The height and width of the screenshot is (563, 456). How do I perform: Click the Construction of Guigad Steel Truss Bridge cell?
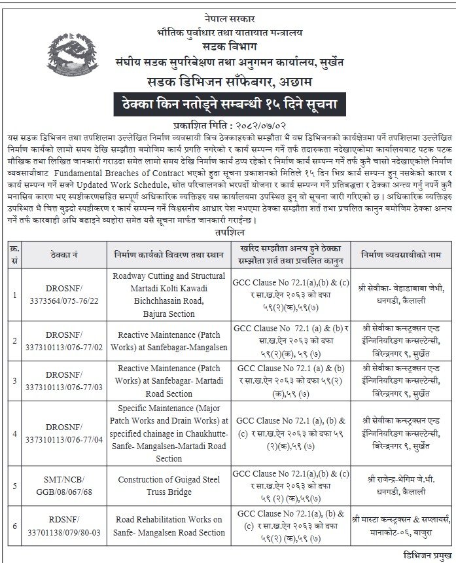[169, 485]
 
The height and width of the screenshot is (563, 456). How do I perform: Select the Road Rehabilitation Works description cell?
[169, 525]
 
